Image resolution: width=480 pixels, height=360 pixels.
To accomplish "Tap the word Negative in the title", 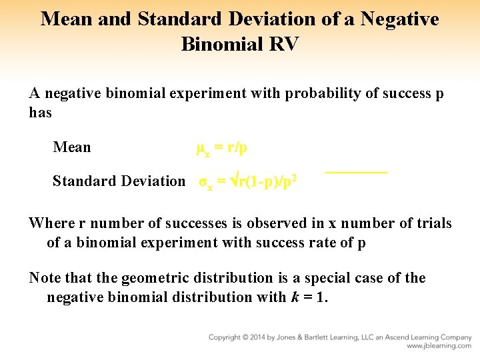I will click(400, 19).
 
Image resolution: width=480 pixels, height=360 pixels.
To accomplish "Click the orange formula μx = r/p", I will click(222, 147).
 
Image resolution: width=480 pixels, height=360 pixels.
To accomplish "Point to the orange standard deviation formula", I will click(248, 181).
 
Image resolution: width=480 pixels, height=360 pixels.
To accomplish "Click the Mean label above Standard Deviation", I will click(72, 147).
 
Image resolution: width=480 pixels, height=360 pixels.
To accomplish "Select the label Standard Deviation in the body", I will click(119, 181).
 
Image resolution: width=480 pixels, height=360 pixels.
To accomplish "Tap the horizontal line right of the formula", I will click(356, 173).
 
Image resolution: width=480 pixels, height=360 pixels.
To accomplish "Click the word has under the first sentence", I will click(41, 113).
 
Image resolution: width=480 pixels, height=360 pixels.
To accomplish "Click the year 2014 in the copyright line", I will click(257, 337).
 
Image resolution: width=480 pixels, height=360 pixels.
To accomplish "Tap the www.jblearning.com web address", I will click(439, 346).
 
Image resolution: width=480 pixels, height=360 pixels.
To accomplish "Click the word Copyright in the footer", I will click(225, 337).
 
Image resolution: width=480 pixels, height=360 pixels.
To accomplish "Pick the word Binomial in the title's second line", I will click(219, 44).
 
